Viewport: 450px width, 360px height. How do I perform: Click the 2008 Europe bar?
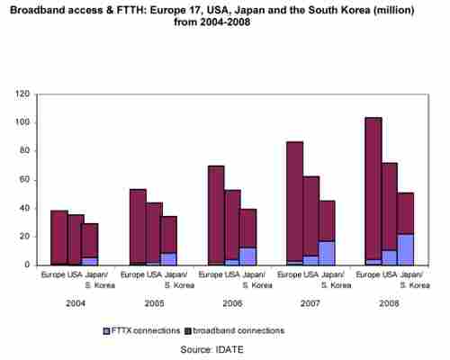click(373, 192)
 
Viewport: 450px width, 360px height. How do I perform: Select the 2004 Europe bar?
click(59, 238)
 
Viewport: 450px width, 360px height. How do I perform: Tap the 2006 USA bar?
click(232, 228)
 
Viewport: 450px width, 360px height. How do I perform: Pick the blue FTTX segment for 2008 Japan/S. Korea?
click(406, 249)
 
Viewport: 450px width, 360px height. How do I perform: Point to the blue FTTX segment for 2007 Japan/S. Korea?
click(327, 253)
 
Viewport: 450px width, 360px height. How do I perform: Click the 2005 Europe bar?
click(138, 228)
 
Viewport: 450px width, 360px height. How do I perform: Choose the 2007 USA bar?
click(311, 221)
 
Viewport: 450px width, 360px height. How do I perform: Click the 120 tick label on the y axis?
click(22, 94)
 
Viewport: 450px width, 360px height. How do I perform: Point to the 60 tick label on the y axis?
click(25, 180)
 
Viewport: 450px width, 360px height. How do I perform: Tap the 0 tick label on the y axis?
click(27, 265)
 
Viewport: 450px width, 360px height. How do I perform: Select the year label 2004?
click(76, 303)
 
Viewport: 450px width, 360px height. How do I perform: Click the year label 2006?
click(232, 303)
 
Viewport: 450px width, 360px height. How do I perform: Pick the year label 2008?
click(389, 303)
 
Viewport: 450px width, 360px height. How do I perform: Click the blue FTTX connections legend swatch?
click(106, 331)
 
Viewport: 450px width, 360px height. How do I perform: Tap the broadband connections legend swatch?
click(188, 331)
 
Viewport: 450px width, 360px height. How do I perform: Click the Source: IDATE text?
click(211, 349)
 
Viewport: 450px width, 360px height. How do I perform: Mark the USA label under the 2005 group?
click(155, 274)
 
